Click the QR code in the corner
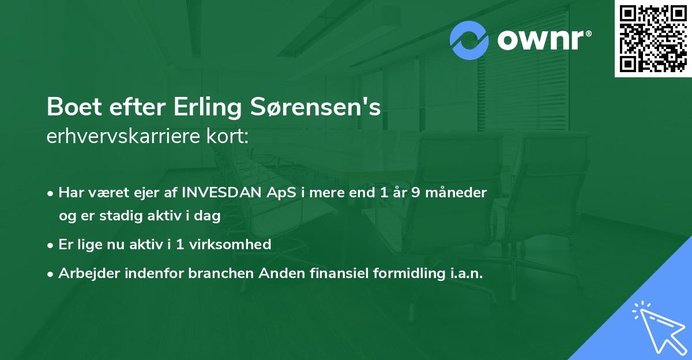tap(653, 39)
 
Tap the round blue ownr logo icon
tap(469, 40)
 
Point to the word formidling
tap(401, 273)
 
